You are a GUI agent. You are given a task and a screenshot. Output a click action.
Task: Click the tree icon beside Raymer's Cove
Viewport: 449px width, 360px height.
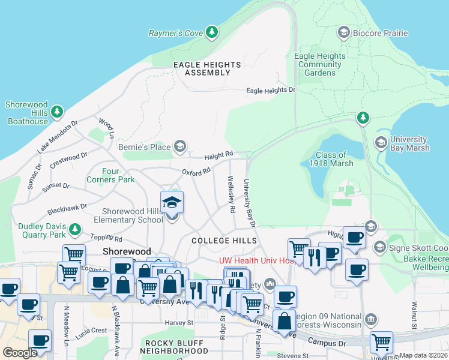211,32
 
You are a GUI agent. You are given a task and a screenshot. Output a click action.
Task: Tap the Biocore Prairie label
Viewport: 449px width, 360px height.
381,32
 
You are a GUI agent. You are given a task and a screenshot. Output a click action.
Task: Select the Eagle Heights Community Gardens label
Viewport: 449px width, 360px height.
320,64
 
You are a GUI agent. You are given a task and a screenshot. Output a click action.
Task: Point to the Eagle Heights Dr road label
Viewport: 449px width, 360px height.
271,91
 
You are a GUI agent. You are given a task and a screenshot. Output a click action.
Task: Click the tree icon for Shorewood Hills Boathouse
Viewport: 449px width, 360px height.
57,112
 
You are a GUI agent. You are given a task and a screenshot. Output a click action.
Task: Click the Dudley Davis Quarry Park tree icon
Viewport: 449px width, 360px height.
75,229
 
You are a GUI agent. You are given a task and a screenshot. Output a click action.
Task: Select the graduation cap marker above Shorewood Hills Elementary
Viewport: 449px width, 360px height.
172,203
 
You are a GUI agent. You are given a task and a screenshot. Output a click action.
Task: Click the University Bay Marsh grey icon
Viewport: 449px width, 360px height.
380,142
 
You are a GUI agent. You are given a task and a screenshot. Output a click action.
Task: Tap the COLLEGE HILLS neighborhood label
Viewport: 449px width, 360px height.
224,241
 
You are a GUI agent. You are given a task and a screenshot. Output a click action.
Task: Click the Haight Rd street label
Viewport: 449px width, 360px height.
218,156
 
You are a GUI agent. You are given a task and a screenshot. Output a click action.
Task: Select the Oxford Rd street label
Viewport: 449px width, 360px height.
196,171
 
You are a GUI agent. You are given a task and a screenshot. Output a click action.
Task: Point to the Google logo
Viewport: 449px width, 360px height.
20,353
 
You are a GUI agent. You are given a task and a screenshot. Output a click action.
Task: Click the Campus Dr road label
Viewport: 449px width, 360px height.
327,341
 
